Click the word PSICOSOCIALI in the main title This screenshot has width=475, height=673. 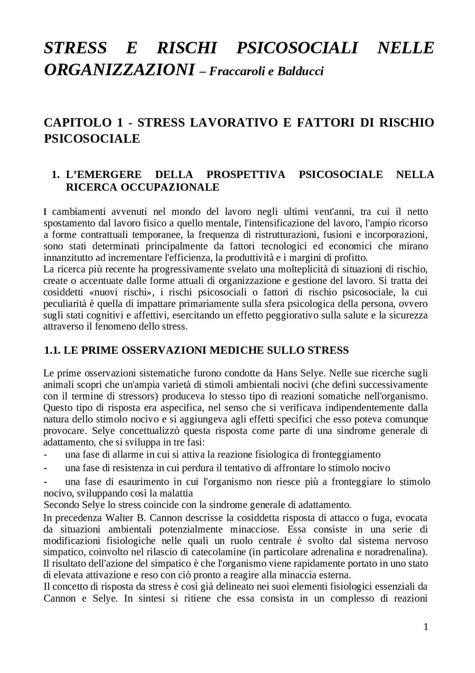(297, 48)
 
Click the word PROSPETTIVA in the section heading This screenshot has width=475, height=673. (246, 174)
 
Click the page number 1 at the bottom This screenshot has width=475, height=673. (426, 627)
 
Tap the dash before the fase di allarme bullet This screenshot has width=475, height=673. (45, 454)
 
